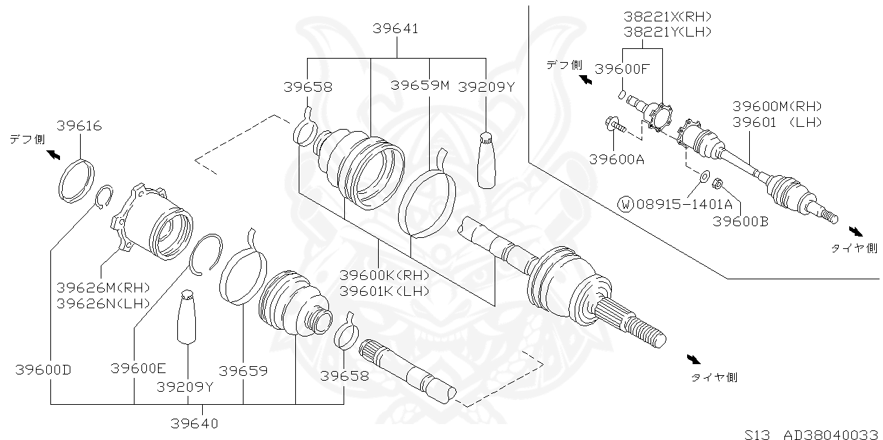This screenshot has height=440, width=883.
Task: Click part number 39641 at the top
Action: click(396, 29)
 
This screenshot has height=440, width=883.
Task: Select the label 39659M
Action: click(419, 86)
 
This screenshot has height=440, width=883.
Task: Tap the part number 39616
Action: click(79, 126)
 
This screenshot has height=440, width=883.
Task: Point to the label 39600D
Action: click(43, 370)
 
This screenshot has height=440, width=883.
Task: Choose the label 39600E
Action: click(139, 369)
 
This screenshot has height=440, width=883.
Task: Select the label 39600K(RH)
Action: click(384, 274)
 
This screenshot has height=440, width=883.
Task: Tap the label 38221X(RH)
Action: click(657, 17)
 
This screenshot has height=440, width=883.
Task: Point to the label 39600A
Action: click(617, 160)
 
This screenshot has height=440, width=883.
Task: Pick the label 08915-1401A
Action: click(684, 204)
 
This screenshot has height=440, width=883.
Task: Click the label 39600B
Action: click(741, 221)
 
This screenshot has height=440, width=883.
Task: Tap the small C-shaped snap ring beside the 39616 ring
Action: click(103, 197)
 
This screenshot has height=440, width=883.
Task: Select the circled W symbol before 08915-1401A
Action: click(626, 204)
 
